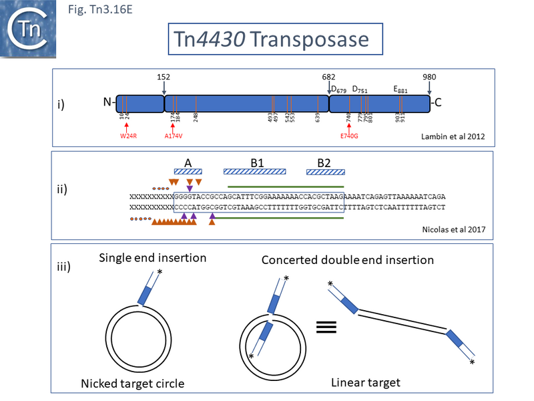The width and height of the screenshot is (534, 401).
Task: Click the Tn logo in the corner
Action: click(28, 28)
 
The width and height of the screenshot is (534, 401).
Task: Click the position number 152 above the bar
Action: click(164, 77)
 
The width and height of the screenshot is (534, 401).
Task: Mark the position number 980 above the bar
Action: click(429, 77)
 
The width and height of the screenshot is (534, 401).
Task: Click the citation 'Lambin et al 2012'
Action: click(453, 138)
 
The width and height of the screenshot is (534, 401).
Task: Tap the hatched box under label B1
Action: click(254, 172)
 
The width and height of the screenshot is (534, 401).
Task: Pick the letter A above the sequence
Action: click(188, 162)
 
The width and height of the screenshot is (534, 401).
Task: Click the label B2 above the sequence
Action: click(324, 162)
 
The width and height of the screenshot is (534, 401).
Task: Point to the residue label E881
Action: click(400, 90)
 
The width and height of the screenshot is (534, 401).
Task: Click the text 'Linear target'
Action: click(365, 382)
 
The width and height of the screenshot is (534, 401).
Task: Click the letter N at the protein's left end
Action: click(107, 103)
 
